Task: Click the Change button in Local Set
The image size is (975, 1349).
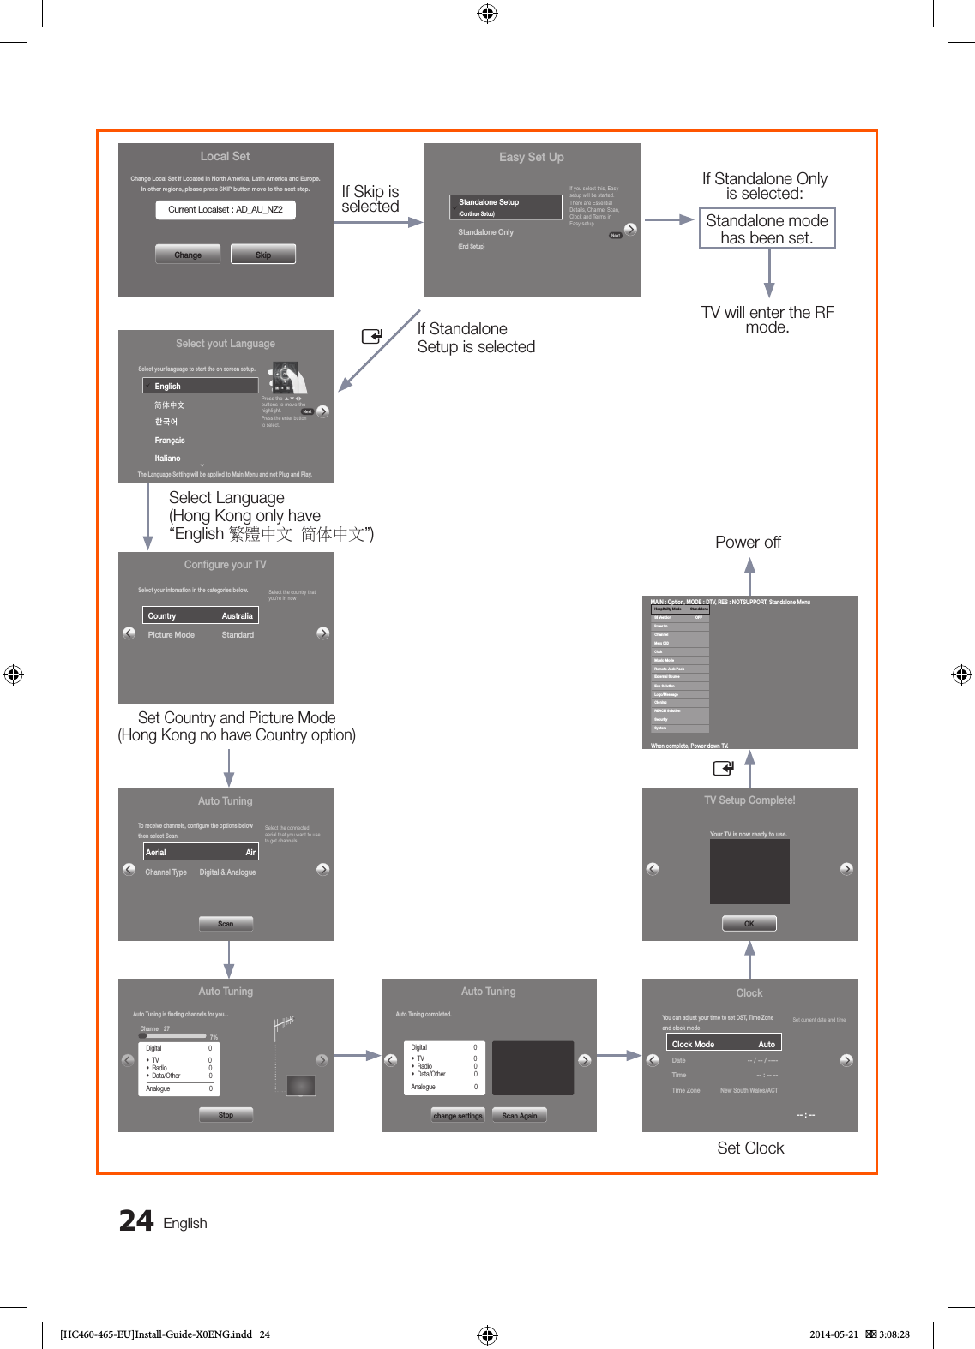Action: pos(188,255)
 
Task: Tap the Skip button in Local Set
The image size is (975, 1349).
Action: pos(263,255)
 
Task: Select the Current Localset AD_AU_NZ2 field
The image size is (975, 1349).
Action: pos(226,210)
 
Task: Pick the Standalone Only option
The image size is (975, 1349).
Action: pos(485,232)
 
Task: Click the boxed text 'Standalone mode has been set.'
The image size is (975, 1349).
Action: pos(767,229)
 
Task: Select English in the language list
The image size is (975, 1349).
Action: pos(200,387)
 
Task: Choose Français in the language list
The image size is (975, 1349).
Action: pos(170,441)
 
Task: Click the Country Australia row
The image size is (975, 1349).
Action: pos(200,616)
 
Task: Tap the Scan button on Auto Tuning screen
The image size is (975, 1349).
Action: pos(226,924)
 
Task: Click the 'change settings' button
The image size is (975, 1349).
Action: pos(458,1116)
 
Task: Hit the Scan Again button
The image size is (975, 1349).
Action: pos(520,1116)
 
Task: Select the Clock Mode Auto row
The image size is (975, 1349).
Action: pos(724,1044)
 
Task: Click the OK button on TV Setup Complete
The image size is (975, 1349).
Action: pos(749,924)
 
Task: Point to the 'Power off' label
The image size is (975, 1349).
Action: pos(748,543)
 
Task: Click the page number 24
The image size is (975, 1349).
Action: pos(136,1220)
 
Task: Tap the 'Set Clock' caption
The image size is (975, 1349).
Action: pos(750,1148)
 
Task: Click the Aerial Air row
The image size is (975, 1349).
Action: pos(200,853)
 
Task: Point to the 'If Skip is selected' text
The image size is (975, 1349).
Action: pos(370,199)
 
